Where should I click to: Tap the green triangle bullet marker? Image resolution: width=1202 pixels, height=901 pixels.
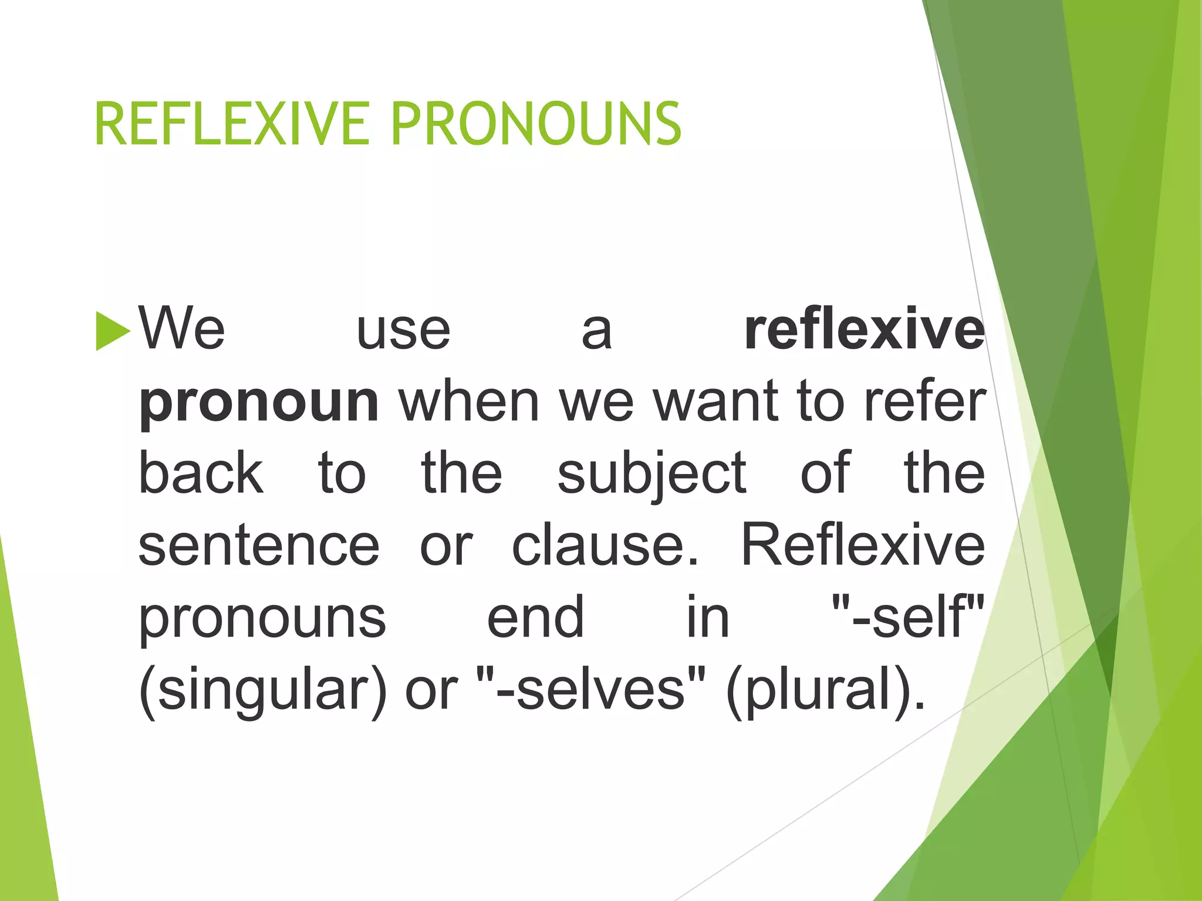tap(112, 331)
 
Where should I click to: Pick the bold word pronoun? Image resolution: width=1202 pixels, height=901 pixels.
tap(258, 404)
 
